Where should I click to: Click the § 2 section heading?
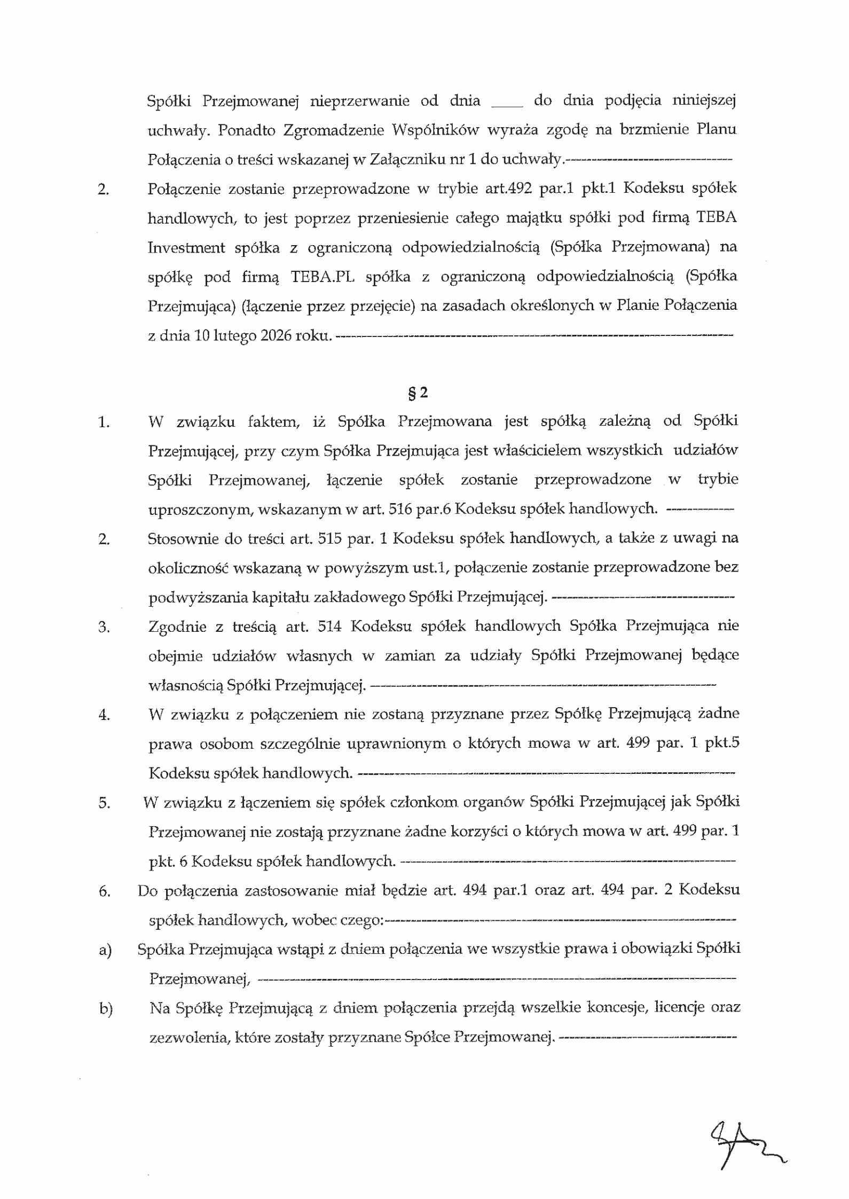[x=418, y=393]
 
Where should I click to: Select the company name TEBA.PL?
[x=322, y=277]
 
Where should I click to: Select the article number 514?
[x=329, y=626]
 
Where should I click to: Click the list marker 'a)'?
[x=105, y=950]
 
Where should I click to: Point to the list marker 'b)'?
[x=106, y=1009]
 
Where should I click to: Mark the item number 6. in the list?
[x=104, y=891]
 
